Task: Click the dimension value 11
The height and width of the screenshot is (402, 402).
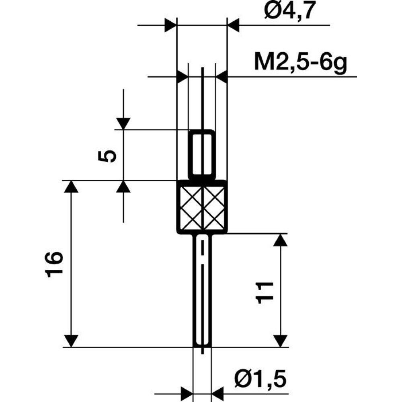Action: (x=265, y=291)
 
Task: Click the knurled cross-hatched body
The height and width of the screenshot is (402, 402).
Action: (x=202, y=207)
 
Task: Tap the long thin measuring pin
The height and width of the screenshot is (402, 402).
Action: (x=202, y=289)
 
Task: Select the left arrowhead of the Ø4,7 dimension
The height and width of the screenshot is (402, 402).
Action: (x=171, y=25)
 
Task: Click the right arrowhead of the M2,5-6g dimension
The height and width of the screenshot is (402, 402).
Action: (x=222, y=76)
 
